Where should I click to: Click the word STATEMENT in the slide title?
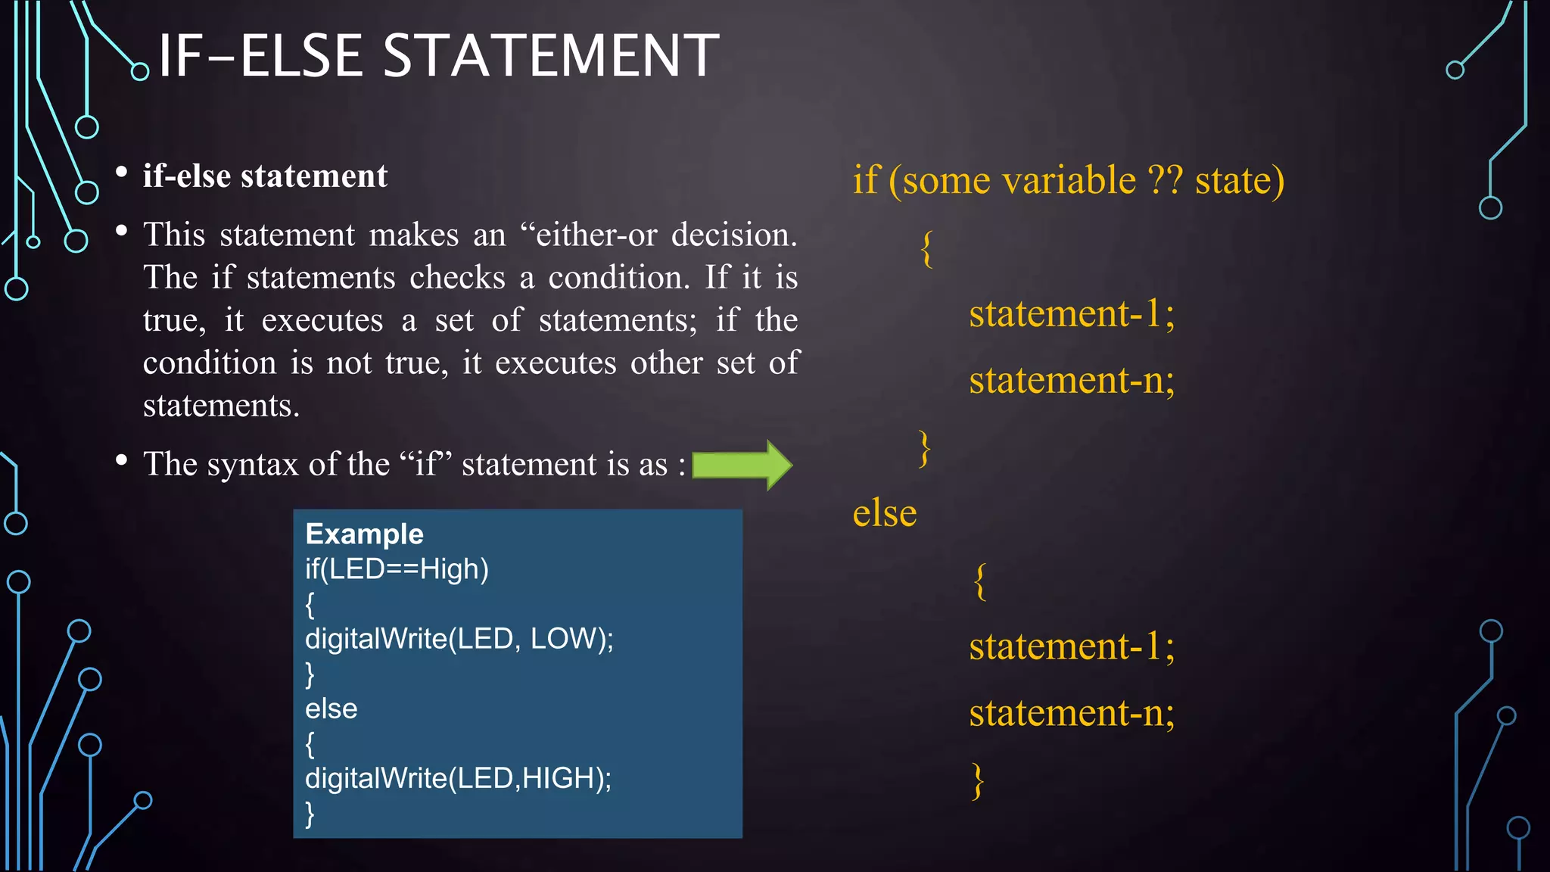(551, 56)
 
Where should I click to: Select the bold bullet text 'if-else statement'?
(265, 176)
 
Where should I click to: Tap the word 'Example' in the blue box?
(364, 534)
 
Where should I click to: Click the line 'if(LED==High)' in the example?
(397, 569)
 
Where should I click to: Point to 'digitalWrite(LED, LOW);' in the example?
(459, 639)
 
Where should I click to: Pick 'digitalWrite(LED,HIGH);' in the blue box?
(458, 778)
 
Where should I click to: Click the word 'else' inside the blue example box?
(331, 709)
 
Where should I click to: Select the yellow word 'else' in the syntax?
(884, 514)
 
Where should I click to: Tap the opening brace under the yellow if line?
(926, 248)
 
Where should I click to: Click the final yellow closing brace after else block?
(978, 781)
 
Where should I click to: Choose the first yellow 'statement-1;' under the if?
(1071, 313)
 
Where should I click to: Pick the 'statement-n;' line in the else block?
(1071, 713)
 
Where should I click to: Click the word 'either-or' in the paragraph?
(596, 235)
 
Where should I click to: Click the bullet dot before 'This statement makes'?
(121, 230)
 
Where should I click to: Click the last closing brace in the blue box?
(310, 814)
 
